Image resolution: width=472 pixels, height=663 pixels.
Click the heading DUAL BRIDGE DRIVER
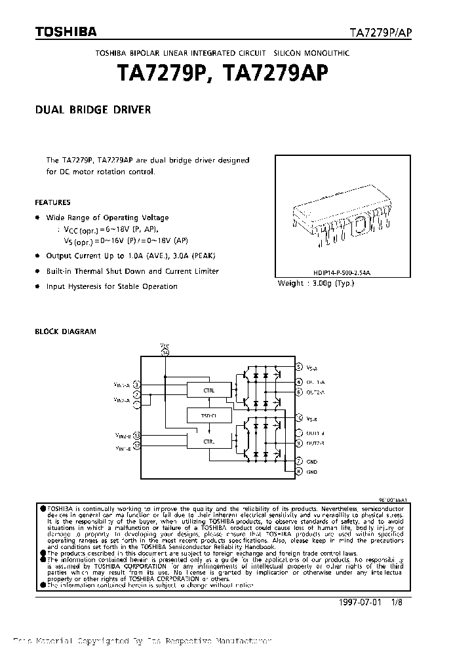[x=92, y=110]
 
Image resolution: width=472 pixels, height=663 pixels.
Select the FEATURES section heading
[x=52, y=202]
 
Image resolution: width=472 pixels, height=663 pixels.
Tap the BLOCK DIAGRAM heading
[x=66, y=331]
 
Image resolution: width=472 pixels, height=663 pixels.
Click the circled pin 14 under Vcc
[x=165, y=352]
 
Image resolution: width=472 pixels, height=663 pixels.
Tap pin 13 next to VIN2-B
[x=136, y=435]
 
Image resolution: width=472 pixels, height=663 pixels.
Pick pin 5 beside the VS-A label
[x=299, y=368]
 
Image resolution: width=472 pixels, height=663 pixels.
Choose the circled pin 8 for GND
[x=299, y=471]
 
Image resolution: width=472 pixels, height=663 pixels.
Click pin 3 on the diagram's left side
[x=136, y=384]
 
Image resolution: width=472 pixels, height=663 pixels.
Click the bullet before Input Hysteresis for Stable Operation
[x=37, y=286]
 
